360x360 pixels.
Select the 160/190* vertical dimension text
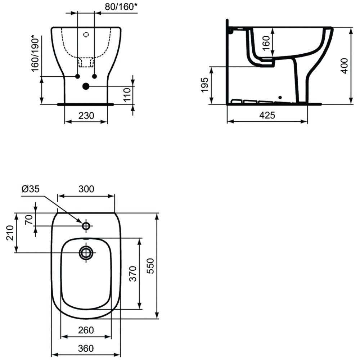click(x=36, y=53)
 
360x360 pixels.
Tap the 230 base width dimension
click(x=86, y=116)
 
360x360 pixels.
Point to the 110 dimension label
click(x=127, y=94)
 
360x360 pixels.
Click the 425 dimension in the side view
click(x=267, y=115)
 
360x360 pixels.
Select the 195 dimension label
click(x=204, y=85)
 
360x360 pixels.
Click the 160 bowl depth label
click(x=266, y=43)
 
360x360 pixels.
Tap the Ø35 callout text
click(x=31, y=189)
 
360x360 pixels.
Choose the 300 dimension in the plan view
click(x=86, y=189)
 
